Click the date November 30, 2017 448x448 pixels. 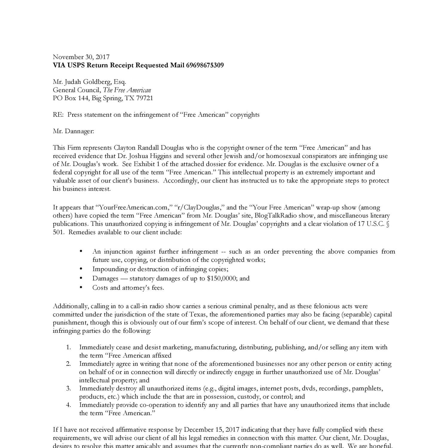click(81, 57)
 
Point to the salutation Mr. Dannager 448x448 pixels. click(73, 131)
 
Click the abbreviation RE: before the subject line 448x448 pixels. click(59, 115)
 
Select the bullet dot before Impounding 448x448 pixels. click(81, 269)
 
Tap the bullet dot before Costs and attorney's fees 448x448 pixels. click(81, 287)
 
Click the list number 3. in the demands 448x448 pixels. click(68, 388)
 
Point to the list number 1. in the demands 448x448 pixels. click(68, 347)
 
